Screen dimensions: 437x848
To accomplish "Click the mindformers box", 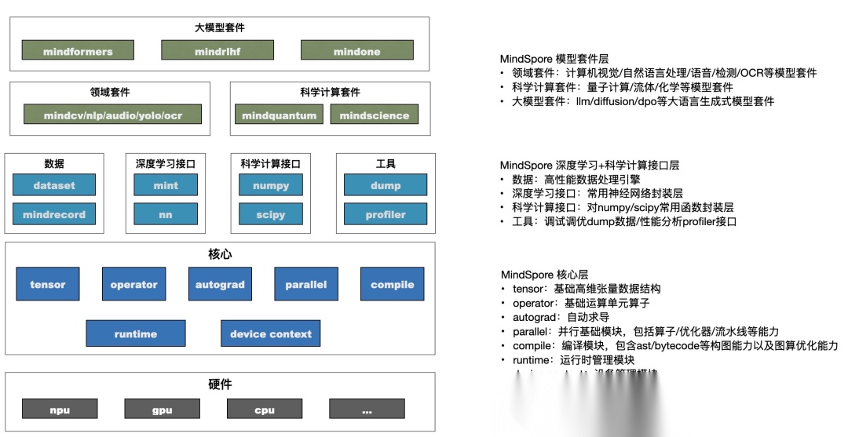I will [78, 52].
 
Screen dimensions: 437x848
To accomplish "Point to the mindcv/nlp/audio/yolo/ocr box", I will [113, 115].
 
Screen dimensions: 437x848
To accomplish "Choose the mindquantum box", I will [279, 115].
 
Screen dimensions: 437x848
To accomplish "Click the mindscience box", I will [374, 115].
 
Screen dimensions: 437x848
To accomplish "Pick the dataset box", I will [54, 186].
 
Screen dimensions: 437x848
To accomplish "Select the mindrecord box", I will [54, 214].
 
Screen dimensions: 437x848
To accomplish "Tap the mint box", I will [166, 186].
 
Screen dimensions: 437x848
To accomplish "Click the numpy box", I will [271, 186].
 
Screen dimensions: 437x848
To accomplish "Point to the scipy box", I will [271, 214].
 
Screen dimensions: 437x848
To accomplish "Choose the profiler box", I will [386, 214].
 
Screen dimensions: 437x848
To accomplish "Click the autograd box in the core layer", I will [220, 284].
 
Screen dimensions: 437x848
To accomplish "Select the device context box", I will [271, 333].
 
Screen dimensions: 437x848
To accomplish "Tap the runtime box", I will [135, 333].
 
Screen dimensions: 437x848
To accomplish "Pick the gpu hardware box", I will [162, 410].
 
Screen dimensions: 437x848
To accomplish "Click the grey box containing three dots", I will [367, 410].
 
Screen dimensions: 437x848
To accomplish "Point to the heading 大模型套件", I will [220, 28].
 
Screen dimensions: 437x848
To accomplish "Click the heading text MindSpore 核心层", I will [544, 275].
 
